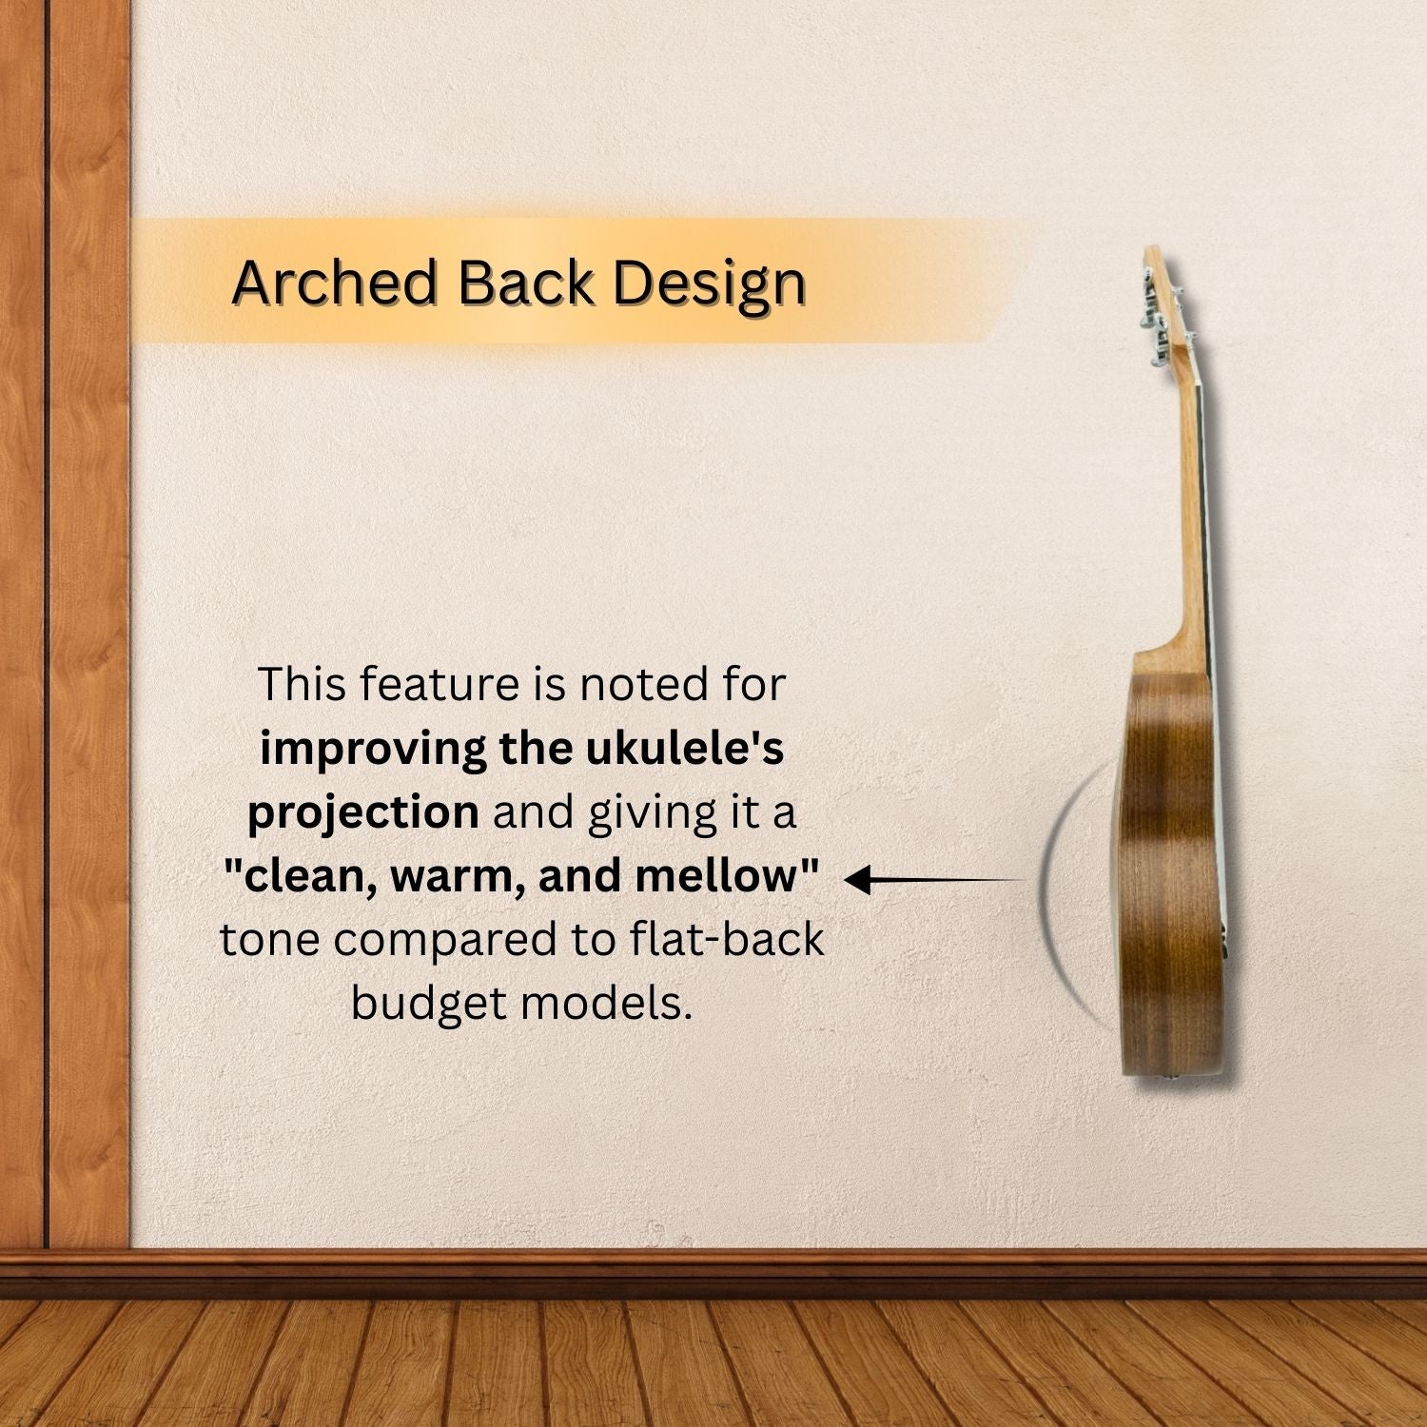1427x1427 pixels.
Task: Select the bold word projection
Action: click(x=363, y=813)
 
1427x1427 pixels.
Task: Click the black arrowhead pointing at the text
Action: click(x=857, y=881)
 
